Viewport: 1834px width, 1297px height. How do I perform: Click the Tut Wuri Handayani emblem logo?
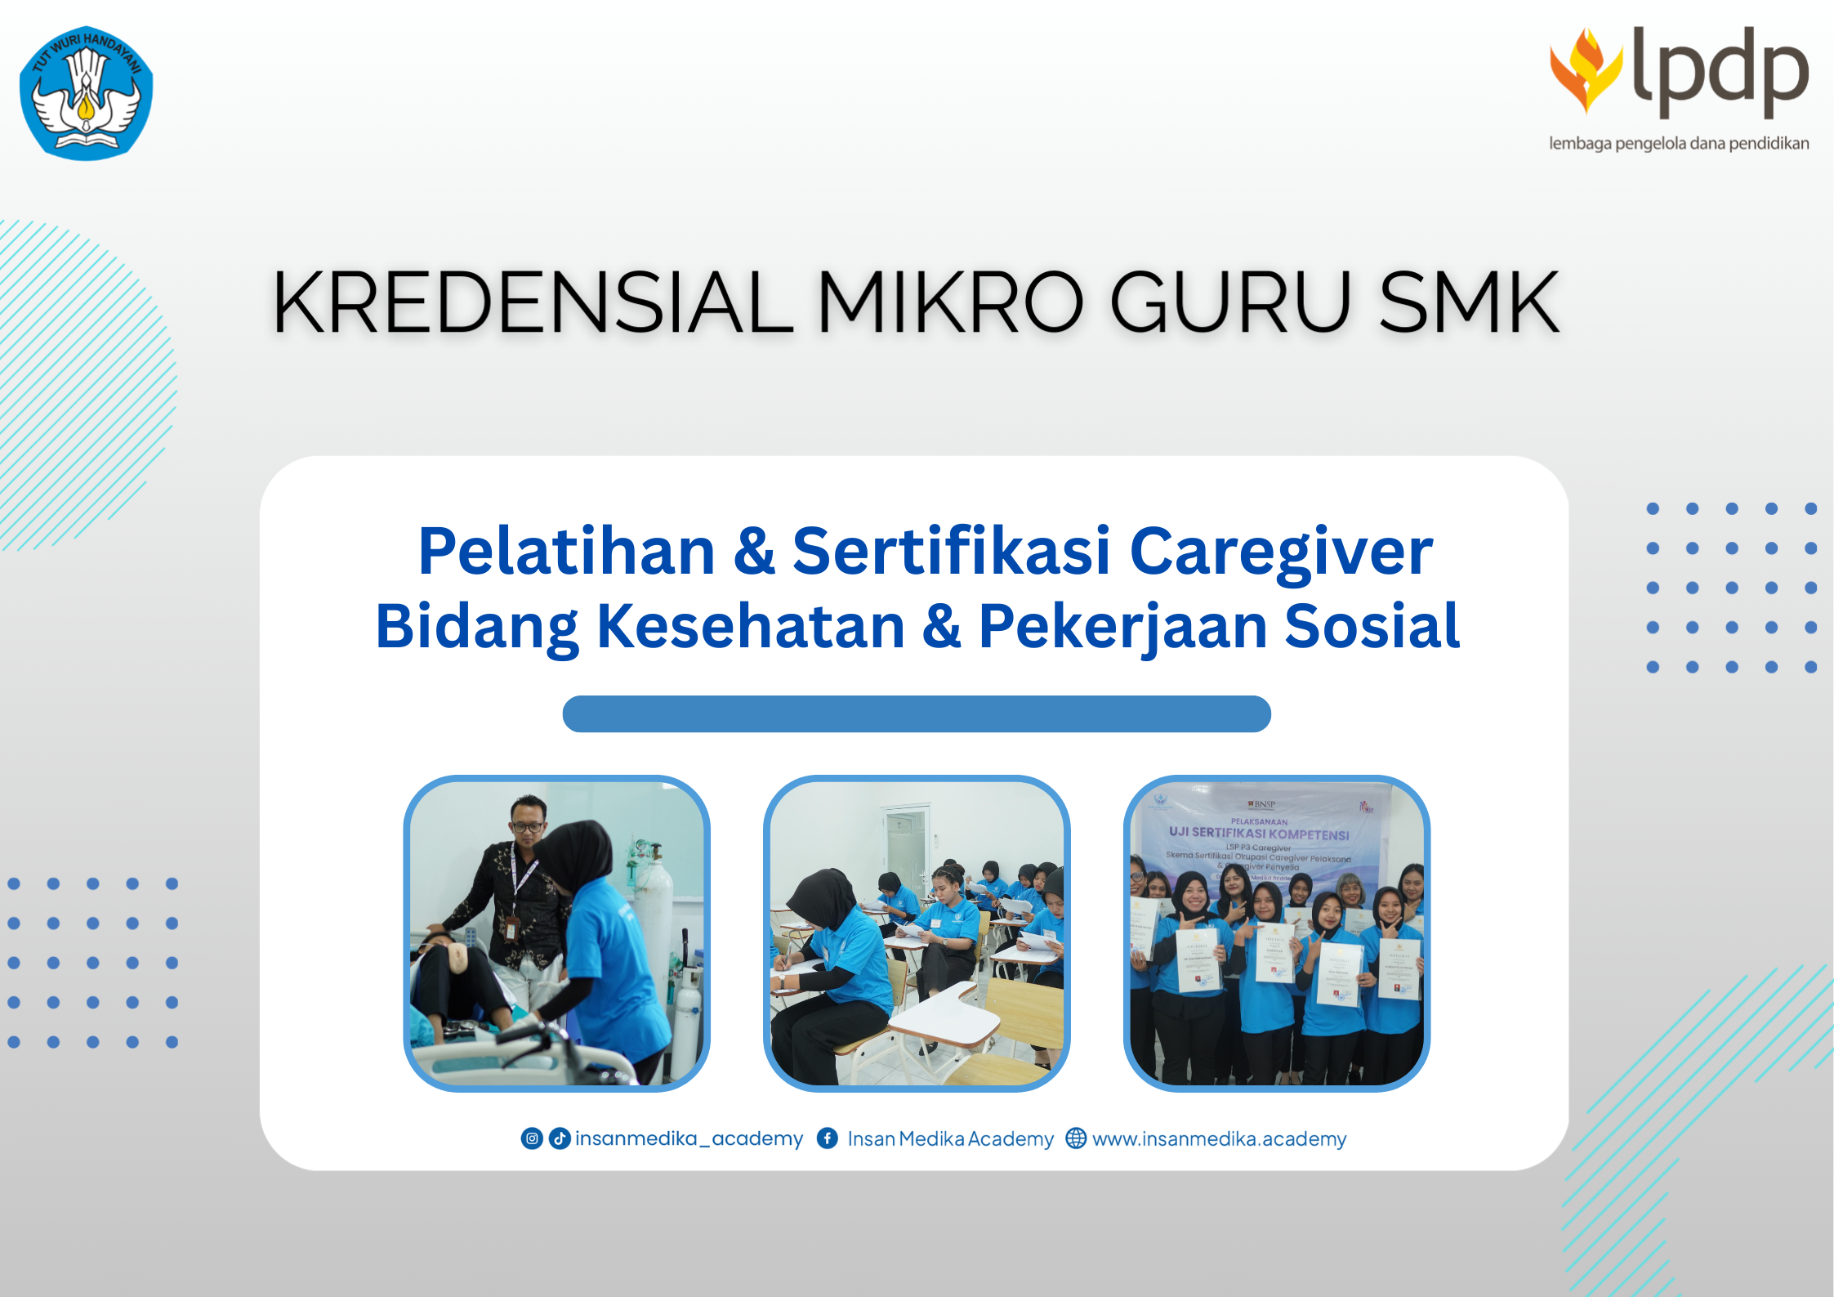[87, 93]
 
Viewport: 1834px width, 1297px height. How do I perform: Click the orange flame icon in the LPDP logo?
[1586, 70]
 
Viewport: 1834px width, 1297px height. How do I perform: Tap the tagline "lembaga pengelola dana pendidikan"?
[1679, 144]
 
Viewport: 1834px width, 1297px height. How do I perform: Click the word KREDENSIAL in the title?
[532, 303]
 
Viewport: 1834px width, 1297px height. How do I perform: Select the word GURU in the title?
[1230, 303]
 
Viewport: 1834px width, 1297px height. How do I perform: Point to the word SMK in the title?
[1469, 303]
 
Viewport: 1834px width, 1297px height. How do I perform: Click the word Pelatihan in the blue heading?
[566, 552]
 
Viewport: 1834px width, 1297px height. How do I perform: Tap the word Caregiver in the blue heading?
[1281, 553]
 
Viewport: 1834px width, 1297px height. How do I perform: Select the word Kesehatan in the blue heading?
[751, 627]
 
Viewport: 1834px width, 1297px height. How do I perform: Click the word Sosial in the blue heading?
[1372, 627]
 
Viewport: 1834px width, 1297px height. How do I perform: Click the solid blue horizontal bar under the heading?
[917, 714]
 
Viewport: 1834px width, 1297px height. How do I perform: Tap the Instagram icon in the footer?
[532, 1138]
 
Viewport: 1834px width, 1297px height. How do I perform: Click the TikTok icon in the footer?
[560, 1138]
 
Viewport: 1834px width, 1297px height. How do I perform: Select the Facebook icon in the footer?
[828, 1138]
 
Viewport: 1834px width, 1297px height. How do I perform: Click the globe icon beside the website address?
[1076, 1138]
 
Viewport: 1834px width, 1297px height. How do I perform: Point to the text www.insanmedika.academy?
[1219, 1139]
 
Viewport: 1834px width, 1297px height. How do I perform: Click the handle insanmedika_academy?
[689, 1139]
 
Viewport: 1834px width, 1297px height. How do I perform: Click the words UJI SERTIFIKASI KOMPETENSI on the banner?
[1259, 834]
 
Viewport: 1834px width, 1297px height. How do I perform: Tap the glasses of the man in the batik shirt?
[528, 826]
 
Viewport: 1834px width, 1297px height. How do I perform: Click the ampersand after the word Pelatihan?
[754, 552]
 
